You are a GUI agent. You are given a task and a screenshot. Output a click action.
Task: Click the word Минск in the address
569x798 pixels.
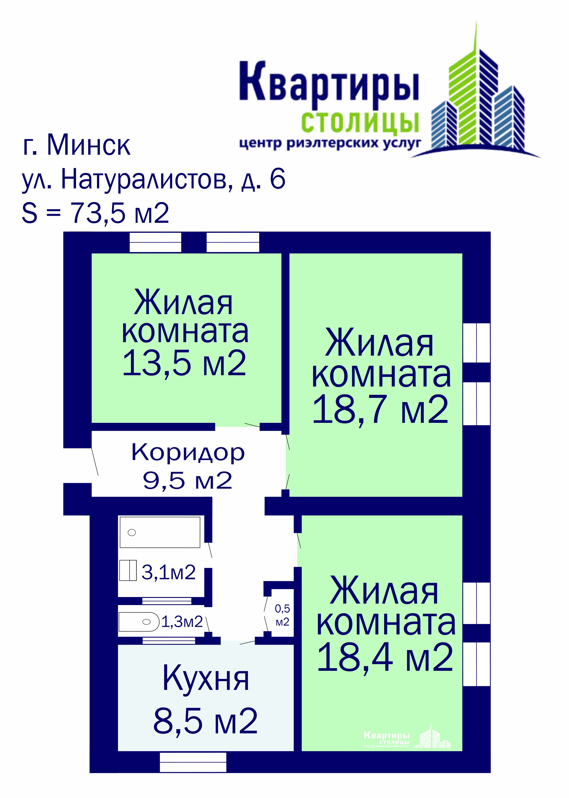coord(89,145)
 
